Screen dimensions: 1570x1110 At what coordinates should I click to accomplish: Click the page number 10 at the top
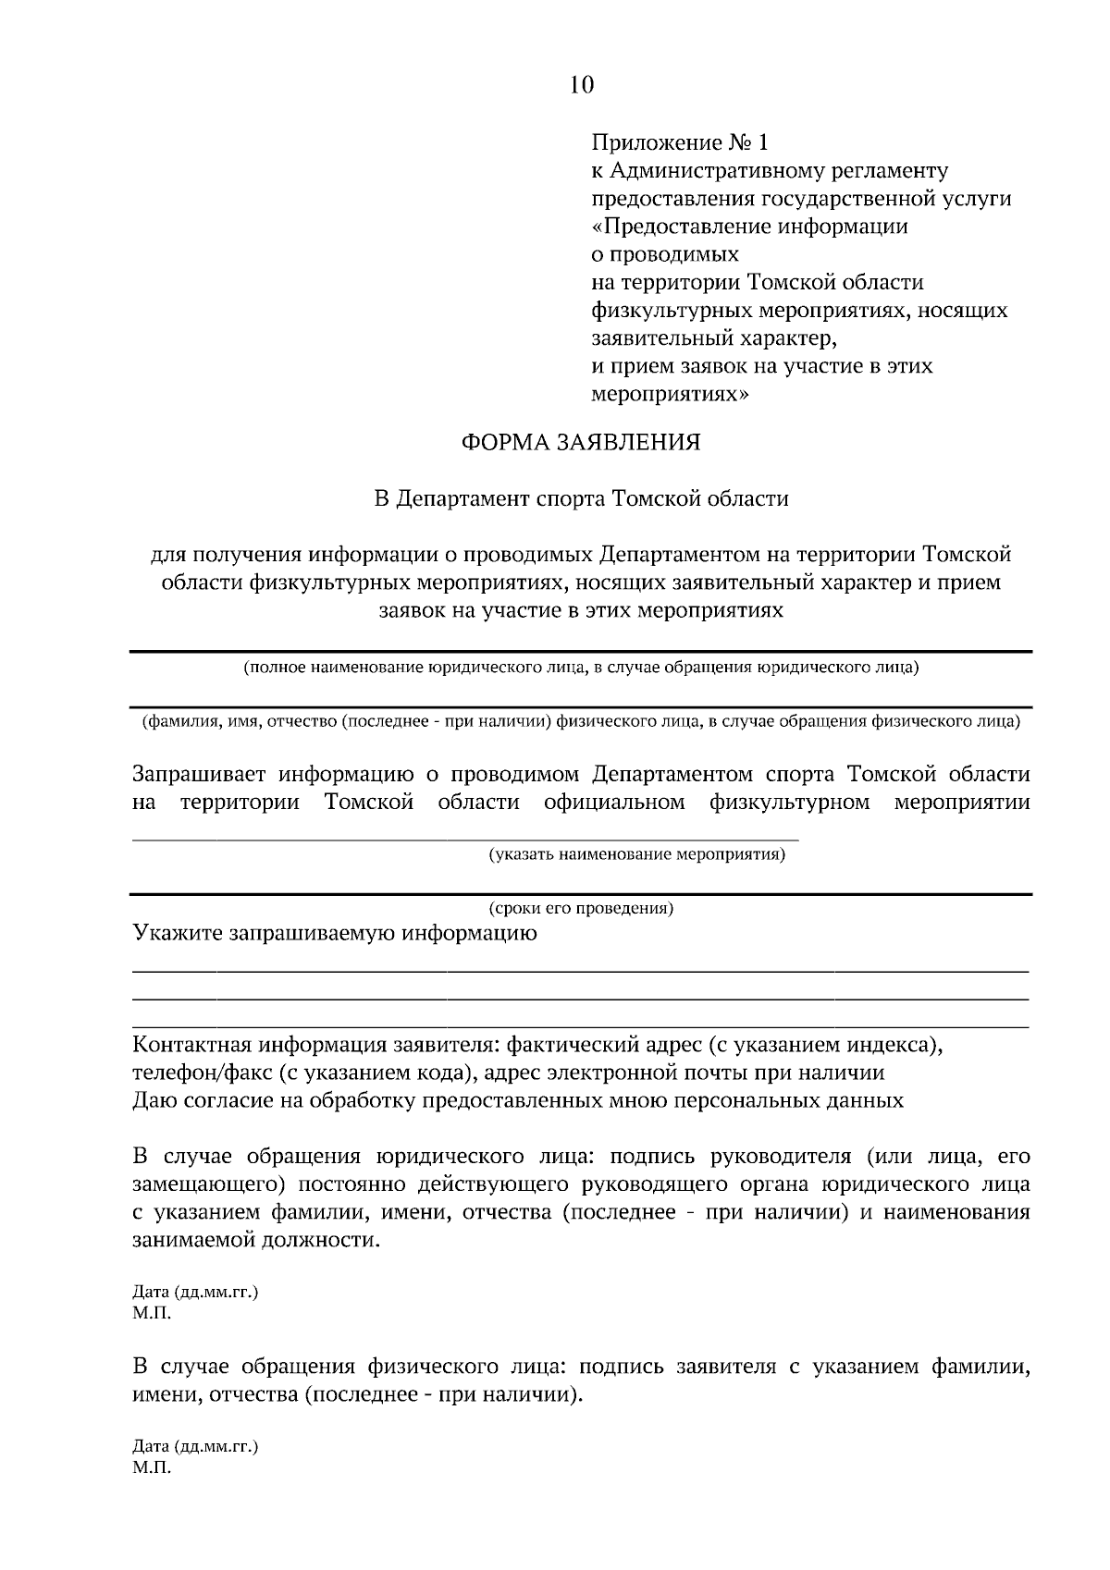581,85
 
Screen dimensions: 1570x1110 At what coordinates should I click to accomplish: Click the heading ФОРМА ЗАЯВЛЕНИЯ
581,443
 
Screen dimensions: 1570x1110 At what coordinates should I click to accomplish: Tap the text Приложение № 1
680,143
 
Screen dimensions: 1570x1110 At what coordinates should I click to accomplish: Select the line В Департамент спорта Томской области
581,499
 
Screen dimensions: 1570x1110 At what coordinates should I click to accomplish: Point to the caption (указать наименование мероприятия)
636,854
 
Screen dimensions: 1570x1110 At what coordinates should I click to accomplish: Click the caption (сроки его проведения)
581,908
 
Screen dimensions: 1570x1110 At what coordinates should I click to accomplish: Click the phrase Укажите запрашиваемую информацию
335,933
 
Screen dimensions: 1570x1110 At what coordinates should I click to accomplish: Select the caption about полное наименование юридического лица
581,668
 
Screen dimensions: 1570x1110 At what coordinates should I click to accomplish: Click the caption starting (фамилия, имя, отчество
581,721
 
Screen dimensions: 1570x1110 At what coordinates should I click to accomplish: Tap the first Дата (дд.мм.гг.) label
195,1292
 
